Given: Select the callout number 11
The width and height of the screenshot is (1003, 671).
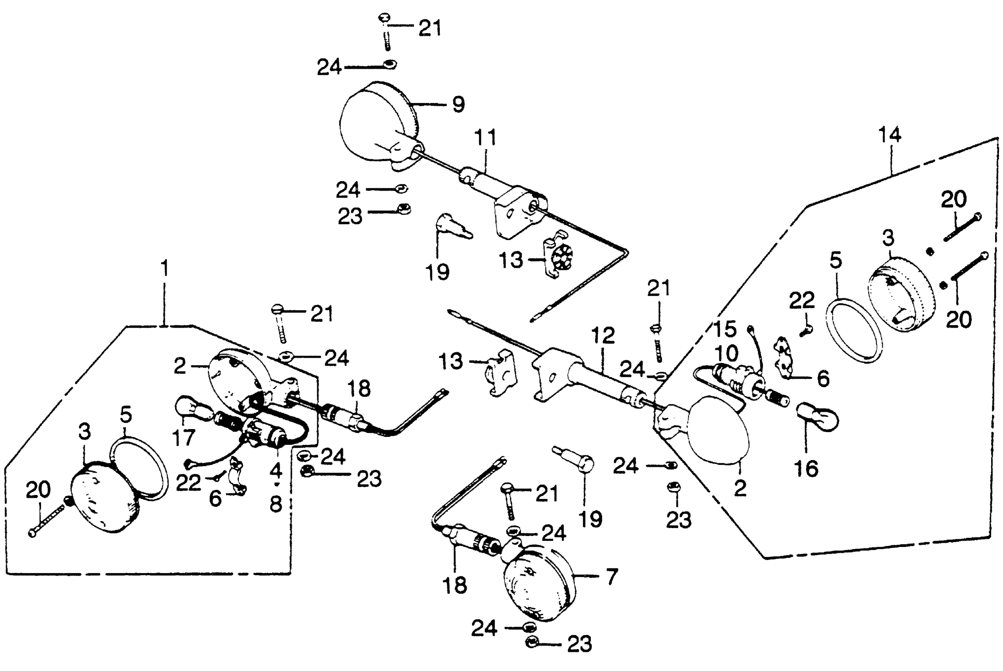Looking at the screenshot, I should click(x=485, y=138).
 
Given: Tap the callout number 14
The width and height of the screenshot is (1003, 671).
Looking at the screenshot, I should click(x=890, y=135).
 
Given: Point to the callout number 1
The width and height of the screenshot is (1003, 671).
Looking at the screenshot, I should click(x=165, y=268).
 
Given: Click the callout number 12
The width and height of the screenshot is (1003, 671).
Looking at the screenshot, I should click(x=603, y=335).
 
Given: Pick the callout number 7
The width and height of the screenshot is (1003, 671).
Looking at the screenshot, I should click(x=612, y=576).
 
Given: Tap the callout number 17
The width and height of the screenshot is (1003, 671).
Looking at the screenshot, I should click(x=184, y=438).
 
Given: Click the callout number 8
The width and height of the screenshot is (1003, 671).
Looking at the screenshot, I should click(x=276, y=504).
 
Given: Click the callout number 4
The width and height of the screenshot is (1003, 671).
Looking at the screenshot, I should click(x=276, y=471).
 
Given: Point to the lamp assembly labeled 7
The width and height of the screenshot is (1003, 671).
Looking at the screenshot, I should click(x=539, y=586).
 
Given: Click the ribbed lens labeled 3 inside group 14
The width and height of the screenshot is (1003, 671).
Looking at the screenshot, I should click(x=901, y=295).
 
